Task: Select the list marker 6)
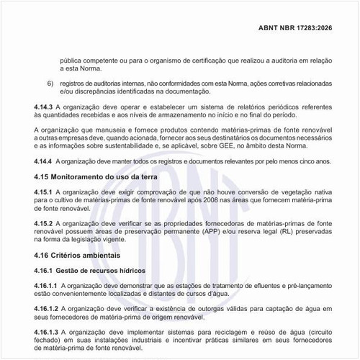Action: point(51,84)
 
